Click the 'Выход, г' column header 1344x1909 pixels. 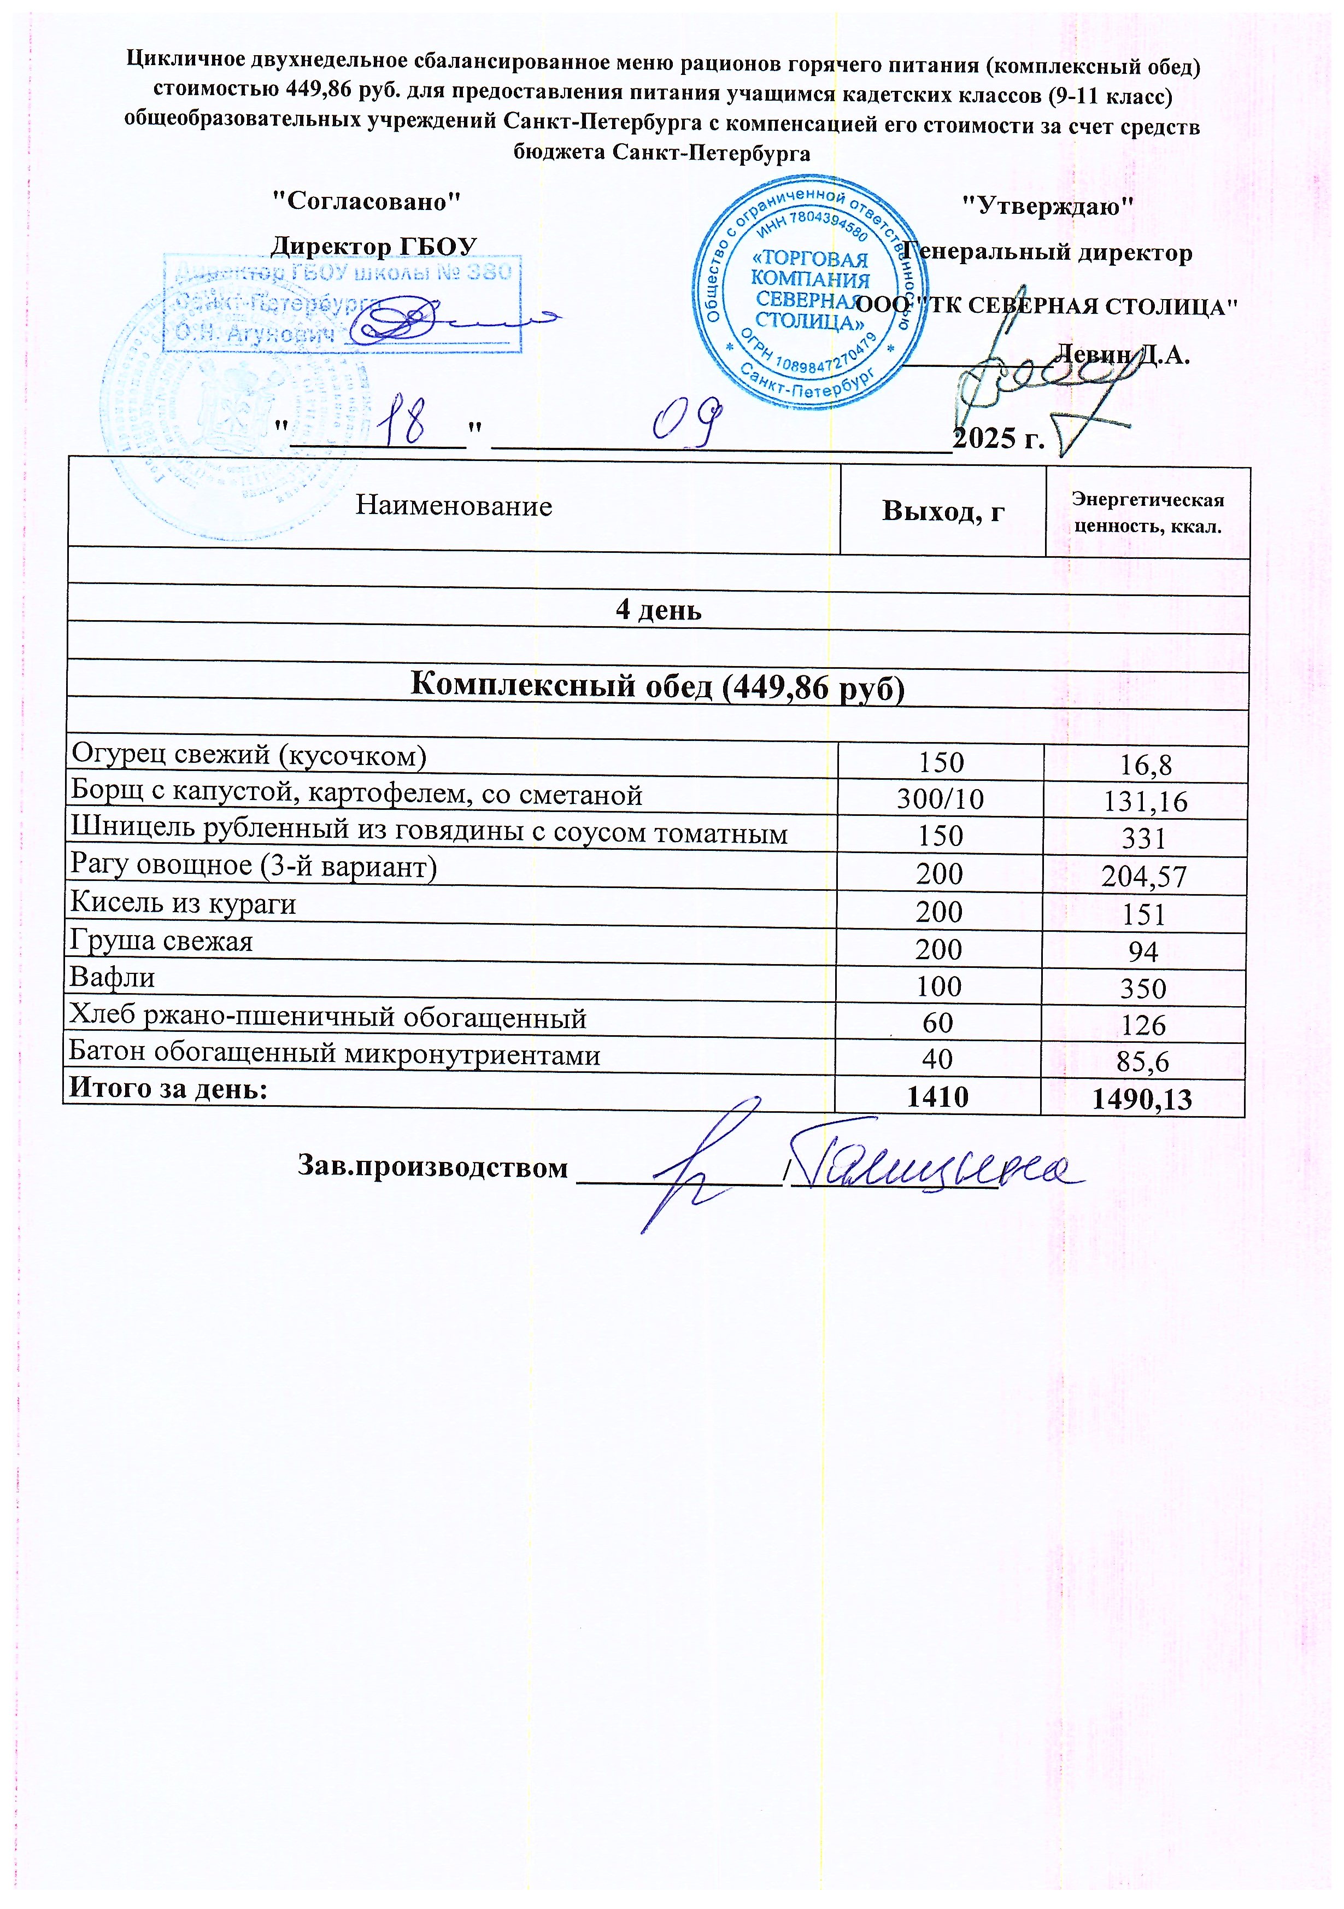coord(942,511)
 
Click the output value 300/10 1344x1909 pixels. coord(940,799)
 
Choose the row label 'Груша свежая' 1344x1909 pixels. coord(161,941)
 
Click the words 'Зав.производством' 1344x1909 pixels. coord(433,1167)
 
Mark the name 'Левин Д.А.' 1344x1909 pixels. coord(1121,355)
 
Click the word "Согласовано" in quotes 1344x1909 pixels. coord(367,201)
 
